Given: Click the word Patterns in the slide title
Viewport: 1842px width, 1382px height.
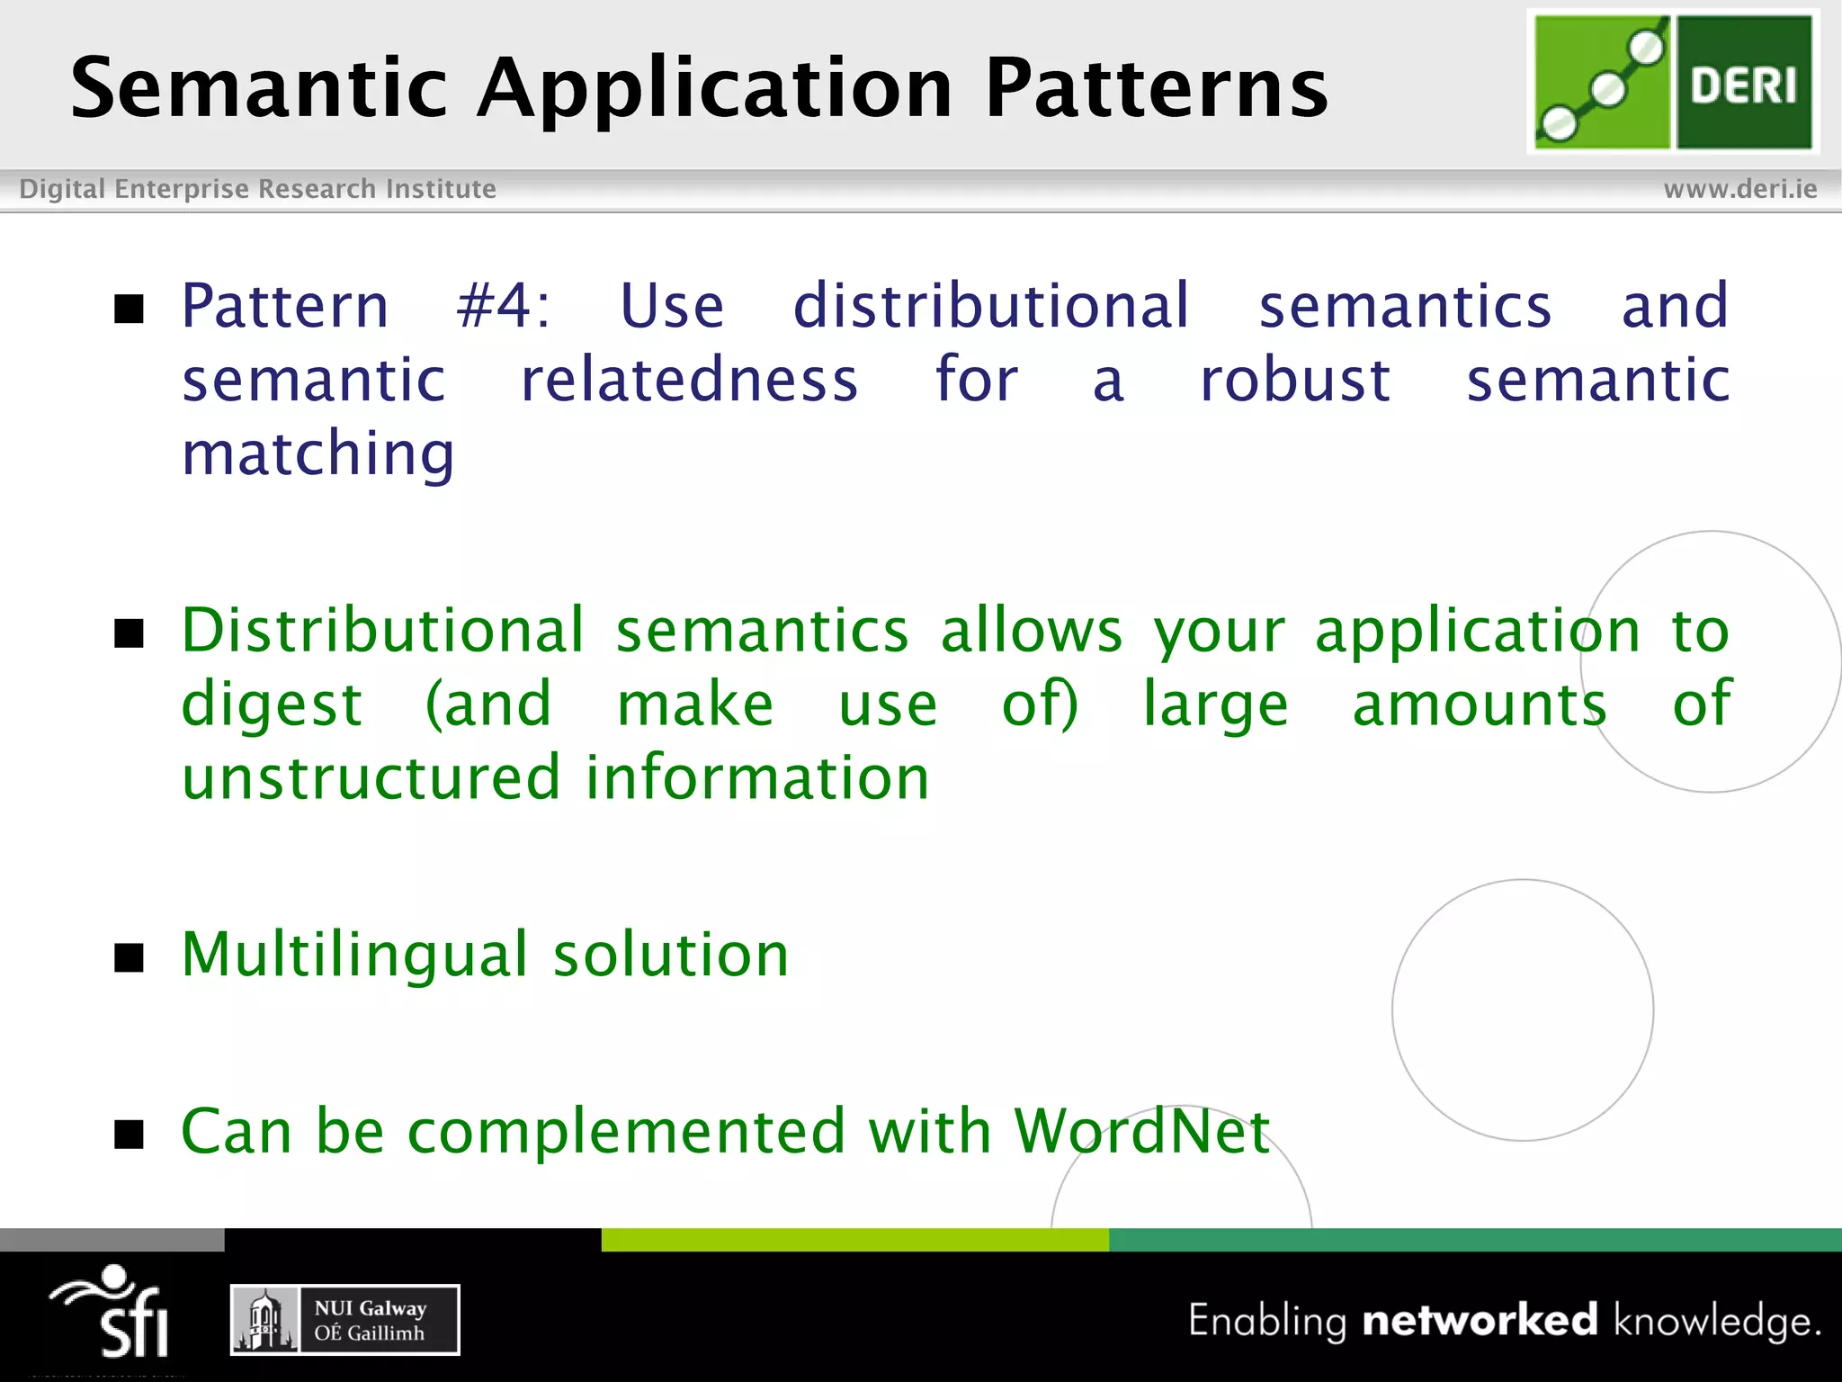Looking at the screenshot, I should pos(1156,87).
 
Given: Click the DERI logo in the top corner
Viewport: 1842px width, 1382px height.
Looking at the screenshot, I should pos(1673,82).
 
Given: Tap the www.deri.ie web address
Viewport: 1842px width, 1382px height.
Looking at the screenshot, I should pos(1739,189).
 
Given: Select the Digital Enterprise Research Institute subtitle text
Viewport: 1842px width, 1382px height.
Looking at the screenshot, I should pos(257,189).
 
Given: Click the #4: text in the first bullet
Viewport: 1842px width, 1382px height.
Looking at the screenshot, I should pos(503,306).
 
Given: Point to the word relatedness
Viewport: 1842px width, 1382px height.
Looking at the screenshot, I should pos(689,380).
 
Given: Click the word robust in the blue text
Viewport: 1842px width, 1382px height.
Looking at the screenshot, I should pos(1295,380).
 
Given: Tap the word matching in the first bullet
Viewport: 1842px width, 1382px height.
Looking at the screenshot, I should pos(318,453).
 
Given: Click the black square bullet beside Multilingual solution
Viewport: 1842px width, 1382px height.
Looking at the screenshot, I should pos(130,958).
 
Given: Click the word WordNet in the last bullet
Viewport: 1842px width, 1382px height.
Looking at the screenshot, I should pos(1142,1131).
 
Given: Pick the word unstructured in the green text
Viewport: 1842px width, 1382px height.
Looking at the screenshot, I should pos(371,777).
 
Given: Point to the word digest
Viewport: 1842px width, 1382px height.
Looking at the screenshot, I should pos(272,705).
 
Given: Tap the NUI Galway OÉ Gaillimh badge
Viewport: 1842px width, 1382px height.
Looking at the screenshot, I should pos(345,1320).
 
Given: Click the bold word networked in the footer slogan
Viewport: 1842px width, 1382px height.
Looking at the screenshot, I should pos(1480,1320).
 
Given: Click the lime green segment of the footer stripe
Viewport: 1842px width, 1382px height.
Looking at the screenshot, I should pos(854,1240).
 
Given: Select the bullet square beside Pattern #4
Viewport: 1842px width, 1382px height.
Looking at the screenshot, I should pos(130,309).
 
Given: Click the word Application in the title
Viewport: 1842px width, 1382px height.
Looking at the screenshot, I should pos(715,87).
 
